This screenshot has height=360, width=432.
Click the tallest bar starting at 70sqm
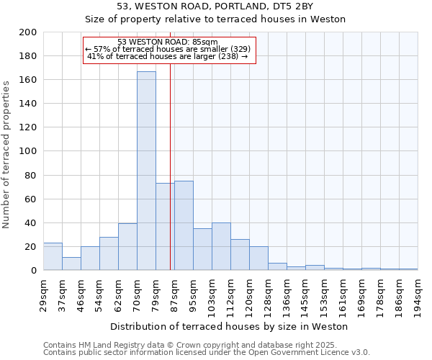pos(146,171)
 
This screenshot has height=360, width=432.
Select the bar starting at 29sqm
pos(53,256)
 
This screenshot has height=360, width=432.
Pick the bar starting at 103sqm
pos(221,246)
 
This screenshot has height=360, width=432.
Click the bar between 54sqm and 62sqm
pos(109,253)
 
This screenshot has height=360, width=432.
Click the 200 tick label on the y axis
pos(29,32)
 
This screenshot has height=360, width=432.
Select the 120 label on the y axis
pos(29,127)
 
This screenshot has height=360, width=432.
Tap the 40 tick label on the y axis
pos(32,223)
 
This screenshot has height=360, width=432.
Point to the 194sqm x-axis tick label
pos(418,294)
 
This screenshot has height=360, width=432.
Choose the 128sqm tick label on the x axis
pos(268,294)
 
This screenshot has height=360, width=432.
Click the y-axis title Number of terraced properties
pos(7,154)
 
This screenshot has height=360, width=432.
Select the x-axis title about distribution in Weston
pos(230,327)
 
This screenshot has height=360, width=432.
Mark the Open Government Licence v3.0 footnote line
pos(207,353)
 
